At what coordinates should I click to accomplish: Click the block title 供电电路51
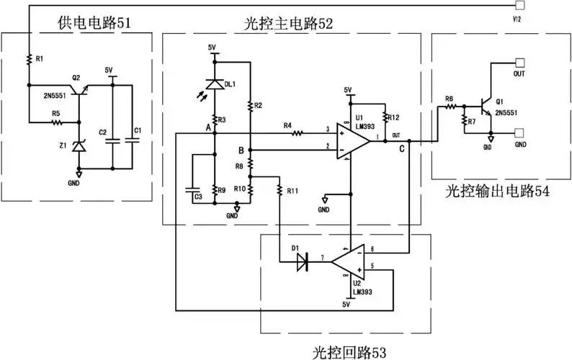tap(94, 24)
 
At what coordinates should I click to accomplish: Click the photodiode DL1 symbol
tap(213, 84)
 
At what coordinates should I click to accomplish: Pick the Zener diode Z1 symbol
tap(80, 147)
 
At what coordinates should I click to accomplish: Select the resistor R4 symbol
tap(295, 131)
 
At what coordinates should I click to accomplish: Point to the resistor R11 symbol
tap(279, 190)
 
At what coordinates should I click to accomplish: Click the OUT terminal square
tap(519, 63)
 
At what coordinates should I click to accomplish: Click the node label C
tap(401, 149)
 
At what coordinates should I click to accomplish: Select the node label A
tap(207, 127)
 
